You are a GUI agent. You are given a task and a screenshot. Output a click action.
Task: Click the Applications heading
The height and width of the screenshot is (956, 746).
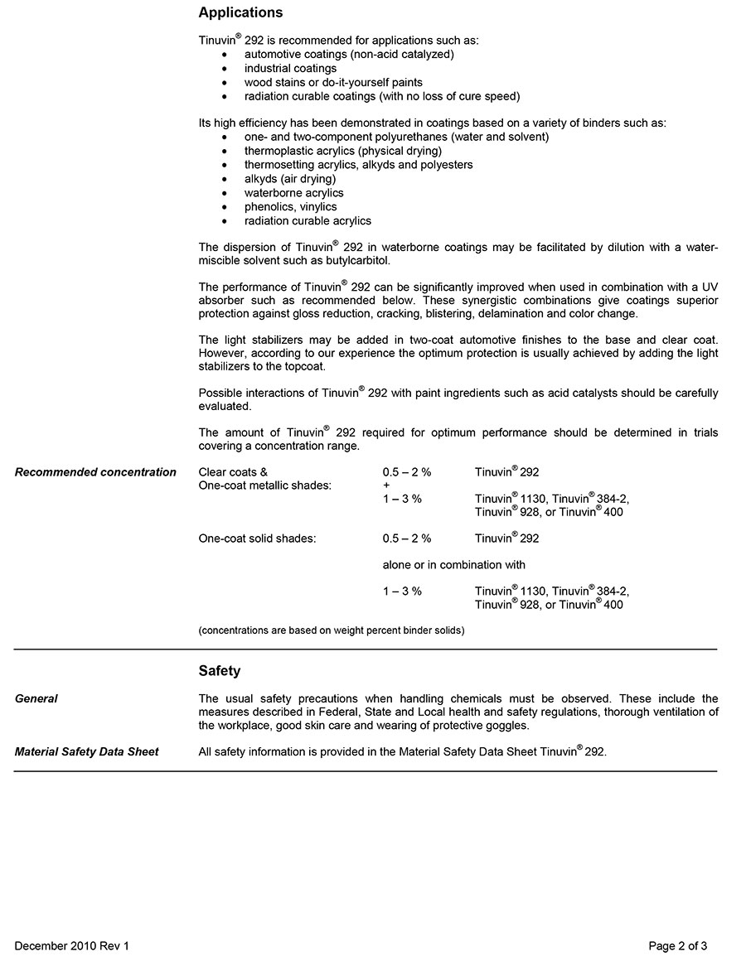pyautogui.click(x=240, y=12)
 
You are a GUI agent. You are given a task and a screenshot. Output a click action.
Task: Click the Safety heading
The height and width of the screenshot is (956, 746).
pyautogui.click(x=220, y=671)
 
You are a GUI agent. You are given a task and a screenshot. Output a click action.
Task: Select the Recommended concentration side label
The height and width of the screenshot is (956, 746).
pyautogui.click(x=95, y=472)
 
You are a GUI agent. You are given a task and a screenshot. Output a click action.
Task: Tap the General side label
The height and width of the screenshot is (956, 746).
pyautogui.click(x=36, y=698)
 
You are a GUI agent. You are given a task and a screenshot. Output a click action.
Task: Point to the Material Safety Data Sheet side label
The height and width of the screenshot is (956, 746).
pyautogui.click(x=87, y=751)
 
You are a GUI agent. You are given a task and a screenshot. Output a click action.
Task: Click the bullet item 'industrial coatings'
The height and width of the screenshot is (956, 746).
pyautogui.click(x=290, y=68)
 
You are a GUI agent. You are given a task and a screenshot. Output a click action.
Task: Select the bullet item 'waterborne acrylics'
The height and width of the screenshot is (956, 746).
pyautogui.click(x=293, y=193)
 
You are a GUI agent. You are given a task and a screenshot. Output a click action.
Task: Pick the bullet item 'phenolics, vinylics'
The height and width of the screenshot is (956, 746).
pyautogui.click(x=290, y=207)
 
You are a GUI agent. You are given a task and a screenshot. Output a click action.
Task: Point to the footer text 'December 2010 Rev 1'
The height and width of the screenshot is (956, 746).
pyautogui.click(x=72, y=945)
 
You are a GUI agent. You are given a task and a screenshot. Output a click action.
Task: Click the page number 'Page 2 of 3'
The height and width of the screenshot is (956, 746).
pyautogui.click(x=678, y=945)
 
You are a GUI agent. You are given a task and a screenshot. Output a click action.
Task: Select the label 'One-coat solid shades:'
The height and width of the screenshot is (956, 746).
pyautogui.click(x=257, y=538)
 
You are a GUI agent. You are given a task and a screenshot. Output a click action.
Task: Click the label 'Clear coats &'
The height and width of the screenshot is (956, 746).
pyautogui.click(x=233, y=472)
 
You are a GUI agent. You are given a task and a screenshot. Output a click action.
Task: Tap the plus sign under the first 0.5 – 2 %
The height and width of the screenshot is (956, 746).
pyautogui.click(x=386, y=485)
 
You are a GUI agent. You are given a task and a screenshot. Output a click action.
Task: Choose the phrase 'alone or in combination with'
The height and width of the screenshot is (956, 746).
pyautogui.click(x=453, y=565)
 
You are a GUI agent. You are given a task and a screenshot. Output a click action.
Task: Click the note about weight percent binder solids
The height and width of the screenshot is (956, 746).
pyautogui.click(x=332, y=630)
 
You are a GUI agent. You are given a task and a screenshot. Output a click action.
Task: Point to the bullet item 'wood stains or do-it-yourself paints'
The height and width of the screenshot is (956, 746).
pyautogui.click(x=333, y=82)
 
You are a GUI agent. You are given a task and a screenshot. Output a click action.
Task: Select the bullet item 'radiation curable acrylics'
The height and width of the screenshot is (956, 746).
pyautogui.click(x=308, y=221)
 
